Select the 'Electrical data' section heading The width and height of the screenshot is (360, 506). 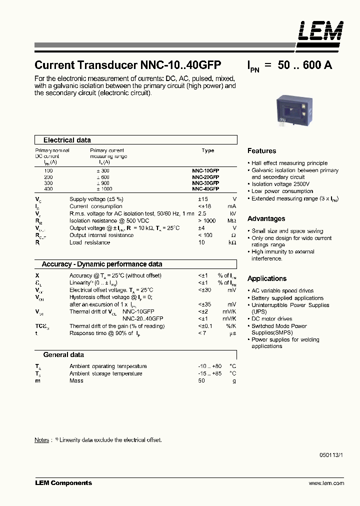pyautogui.click(x=67, y=140)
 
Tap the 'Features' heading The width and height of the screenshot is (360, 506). pyautogui.click(x=261, y=151)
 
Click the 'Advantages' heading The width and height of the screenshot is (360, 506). pyautogui.click(x=266, y=219)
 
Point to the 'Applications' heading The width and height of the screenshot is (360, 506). pyautogui.click(x=267, y=278)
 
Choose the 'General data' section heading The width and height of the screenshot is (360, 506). pyautogui.click(x=63, y=354)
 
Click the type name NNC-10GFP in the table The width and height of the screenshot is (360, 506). pyautogui.click(x=205, y=170)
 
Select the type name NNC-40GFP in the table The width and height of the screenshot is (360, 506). pyautogui.click(x=205, y=189)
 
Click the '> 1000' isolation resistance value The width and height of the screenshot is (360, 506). pyautogui.click(x=206, y=220)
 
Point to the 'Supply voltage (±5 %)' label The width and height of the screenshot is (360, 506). pyautogui.click(x=96, y=199)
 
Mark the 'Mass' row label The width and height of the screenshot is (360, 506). pyautogui.click(x=76, y=380)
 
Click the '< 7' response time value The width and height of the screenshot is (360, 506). pyautogui.click(x=202, y=333)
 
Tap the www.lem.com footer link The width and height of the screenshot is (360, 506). pyautogui.click(x=326, y=483)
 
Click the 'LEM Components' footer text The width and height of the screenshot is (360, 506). pyautogui.click(x=63, y=483)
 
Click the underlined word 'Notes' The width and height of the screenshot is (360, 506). pyautogui.click(x=41, y=440)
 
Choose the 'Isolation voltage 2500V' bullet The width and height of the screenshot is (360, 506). pyautogui.click(x=280, y=184)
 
